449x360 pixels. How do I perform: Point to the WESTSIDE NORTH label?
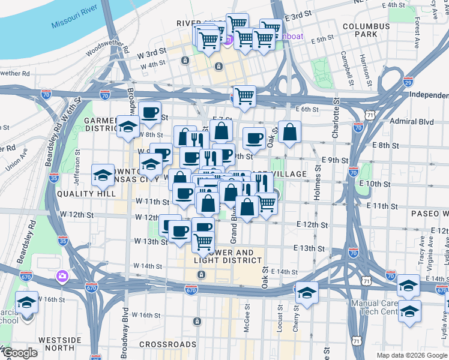point(59,344)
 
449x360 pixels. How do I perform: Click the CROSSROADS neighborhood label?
point(167,344)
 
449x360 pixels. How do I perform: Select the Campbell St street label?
point(346,67)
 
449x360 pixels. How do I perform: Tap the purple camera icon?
point(62,276)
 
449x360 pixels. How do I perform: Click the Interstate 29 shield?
point(408,82)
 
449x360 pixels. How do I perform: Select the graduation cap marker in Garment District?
point(128,126)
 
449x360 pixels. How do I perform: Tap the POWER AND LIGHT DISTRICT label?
point(228,256)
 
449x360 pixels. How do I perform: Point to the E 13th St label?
point(309,248)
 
